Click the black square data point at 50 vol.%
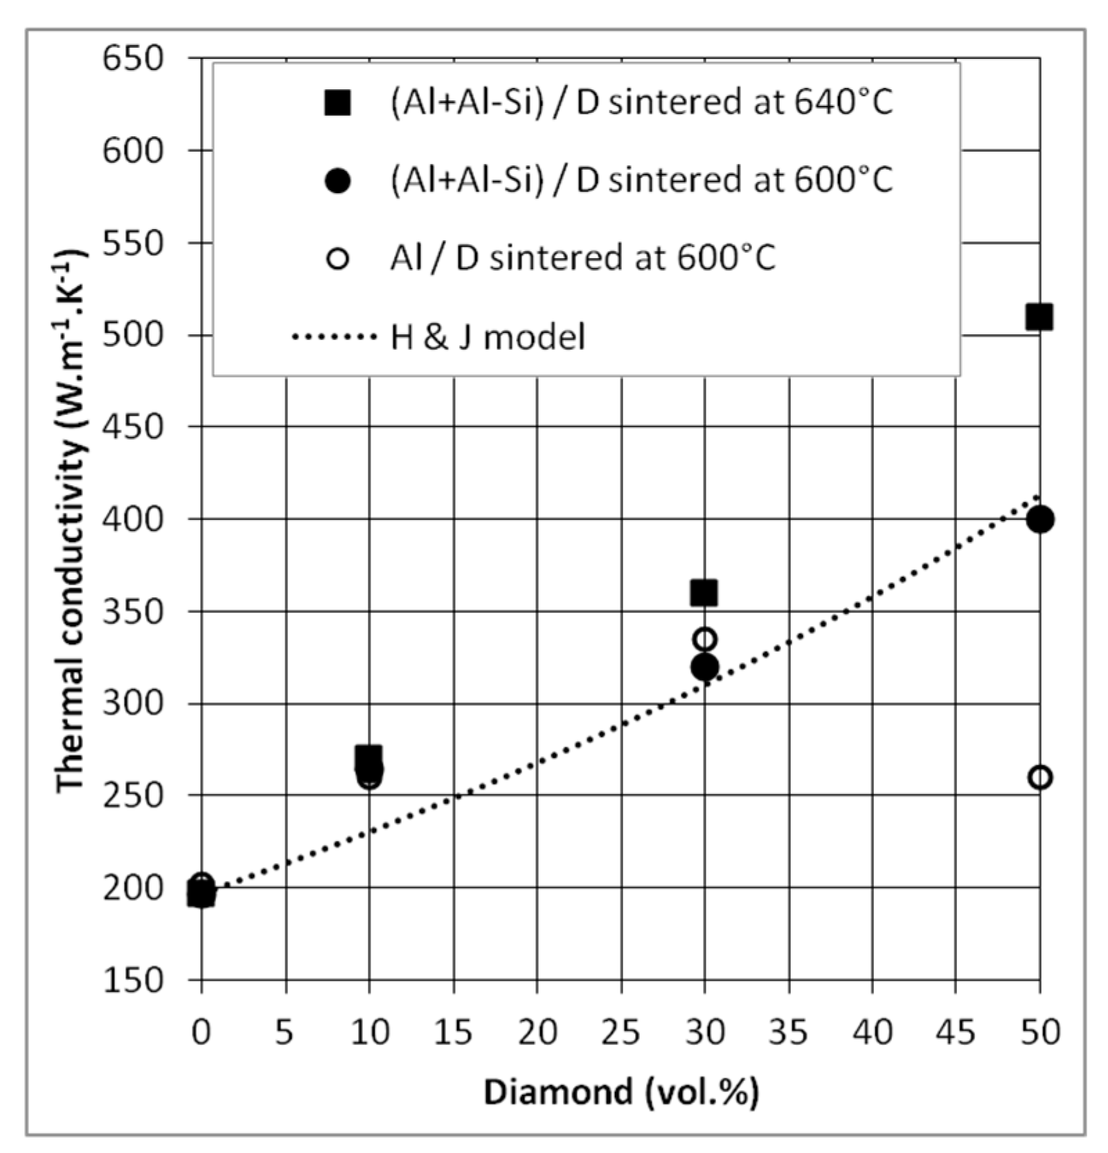(1039, 317)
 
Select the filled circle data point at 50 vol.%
(1039, 519)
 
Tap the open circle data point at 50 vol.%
(1039, 777)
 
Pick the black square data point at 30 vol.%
(704, 593)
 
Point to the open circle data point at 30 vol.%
(704, 639)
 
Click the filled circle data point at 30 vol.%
(704, 667)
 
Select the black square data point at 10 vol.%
(368, 756)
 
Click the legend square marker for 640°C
(338, 102)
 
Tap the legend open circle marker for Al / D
(338, 260)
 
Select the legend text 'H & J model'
(488, 338)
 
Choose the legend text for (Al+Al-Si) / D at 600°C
(641, 181)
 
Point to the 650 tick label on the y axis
(134, 58)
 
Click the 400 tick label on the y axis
(134, 519)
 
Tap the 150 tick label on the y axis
(134, 980)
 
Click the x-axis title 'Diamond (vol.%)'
(620, 1093)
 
